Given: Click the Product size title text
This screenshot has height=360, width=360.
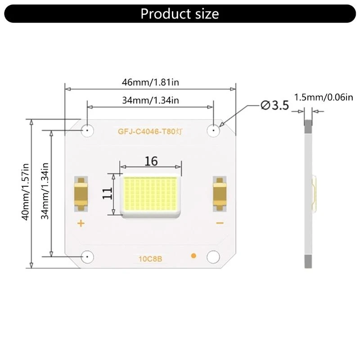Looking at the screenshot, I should click(180, 13).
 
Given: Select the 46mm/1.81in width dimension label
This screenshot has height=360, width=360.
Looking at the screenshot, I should click(151, 82).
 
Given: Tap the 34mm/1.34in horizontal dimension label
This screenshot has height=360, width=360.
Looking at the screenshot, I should click(150, 100).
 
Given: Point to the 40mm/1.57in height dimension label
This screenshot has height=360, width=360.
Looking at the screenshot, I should click(26, 191).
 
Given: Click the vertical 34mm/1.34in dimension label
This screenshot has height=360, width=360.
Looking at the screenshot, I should click(45, 191).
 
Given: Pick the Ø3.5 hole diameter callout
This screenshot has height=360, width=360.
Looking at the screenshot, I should click(274, 106).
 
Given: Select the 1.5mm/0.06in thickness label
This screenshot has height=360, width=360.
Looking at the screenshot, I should click(324, 98).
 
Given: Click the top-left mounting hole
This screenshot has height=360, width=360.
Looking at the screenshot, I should click(86, 130).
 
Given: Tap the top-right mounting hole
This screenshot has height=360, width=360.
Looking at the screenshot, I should click(213, 130).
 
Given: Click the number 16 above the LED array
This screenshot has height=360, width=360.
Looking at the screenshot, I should click(151, 161).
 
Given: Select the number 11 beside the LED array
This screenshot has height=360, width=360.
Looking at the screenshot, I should click(107, 193).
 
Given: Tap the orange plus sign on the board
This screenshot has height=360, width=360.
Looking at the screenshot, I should click(81, 223).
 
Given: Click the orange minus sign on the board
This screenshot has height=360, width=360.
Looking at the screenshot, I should click(220, 223).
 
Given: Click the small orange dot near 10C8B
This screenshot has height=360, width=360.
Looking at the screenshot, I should click(193, 256).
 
